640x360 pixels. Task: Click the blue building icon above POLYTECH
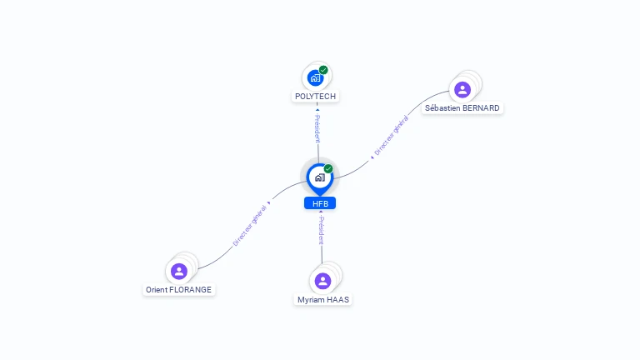pyautogui.click(x=315, y=78)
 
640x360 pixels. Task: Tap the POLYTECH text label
pyautogui.click(x=316, y=97)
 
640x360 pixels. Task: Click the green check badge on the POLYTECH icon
pyautogui.click(x=323, y=70)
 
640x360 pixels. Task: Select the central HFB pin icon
pyautogui.click(x=319, y=177)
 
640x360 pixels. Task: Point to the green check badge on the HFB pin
pyautogui.click(x=328, y=169)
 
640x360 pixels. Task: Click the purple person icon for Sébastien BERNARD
pyautogui.click(x=462, y=89)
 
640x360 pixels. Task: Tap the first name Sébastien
pyautogui.click(x=442, y=108)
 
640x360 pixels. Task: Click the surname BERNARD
pyautogui.click(x=481, y=108)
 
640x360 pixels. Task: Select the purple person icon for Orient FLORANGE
pyautogui.click(x=178, y=271)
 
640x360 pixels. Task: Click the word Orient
pyautogui.click(x=157, y=290)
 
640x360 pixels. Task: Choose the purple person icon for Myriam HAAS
pyautogui.click(x=322, y=281)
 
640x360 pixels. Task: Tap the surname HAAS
pyautogui.click(x=337, y=300)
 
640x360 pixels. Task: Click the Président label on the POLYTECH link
pyautogui.click(x=317, y=128)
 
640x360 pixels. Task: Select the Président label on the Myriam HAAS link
pyautogui.click(x=321, y=230)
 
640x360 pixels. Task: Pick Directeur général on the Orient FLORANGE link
pyautogui.click(x=249, y=225)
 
